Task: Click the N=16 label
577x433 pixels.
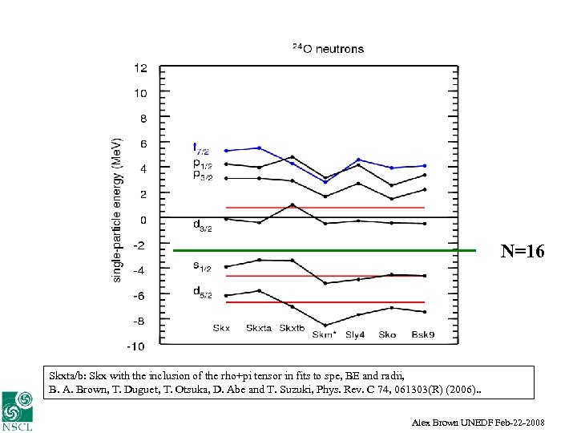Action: click(x=523, y=252)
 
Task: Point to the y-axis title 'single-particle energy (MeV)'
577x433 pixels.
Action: click(x=117, y=208)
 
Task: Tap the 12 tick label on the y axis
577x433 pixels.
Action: click(x=140, y=68)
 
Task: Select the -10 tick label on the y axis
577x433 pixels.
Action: click(x=138, y=346)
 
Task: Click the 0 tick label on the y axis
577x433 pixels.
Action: click(x=143, y=219)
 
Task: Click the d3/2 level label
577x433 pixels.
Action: click(x=203, y=226)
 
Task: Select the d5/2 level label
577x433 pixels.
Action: click(x=203, y=292)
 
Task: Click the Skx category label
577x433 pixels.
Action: click(x=221, y=328)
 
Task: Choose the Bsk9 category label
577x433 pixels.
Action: click(x=423, y=334)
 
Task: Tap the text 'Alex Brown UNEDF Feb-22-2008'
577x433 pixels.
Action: click(x=489, y=422)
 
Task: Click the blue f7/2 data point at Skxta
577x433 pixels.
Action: click(x=259, y=148)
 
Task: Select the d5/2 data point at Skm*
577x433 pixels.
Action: click(x=325, y=325)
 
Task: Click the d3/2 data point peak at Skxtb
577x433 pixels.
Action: click(x=293, y=204)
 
